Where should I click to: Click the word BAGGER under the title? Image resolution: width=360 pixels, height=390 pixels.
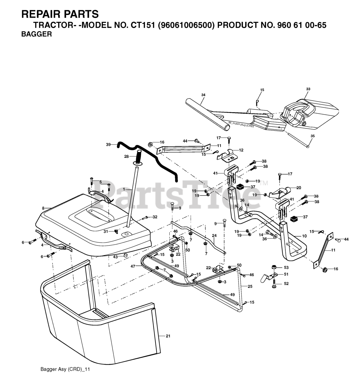point(36,34)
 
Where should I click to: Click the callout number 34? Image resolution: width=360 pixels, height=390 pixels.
point(203,95)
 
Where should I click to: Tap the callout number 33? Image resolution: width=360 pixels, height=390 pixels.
point(308,89)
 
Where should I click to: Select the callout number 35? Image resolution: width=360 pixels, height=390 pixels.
point(312,136)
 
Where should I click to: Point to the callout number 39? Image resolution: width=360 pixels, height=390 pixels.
point(108,145)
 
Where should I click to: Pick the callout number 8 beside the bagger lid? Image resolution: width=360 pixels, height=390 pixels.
point(43,208)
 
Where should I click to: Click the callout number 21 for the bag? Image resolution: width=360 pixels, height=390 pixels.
point(168,336)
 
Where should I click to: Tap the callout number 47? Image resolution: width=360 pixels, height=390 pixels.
point(133,266)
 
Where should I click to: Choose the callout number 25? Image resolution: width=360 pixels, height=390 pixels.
point(250,286)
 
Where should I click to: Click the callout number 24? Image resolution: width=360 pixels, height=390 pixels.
point(214,236)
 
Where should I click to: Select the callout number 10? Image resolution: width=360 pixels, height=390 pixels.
point(304,236)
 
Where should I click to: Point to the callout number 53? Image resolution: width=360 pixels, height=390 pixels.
point(286,267)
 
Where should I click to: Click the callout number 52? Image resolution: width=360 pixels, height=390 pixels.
point(286,283)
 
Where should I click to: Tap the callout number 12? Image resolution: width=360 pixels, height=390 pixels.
point(241,150)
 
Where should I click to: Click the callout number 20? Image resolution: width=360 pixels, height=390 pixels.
point(298,188)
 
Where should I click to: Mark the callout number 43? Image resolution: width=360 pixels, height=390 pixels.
point(115,257)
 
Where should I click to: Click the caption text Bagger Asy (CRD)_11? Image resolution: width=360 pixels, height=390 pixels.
point(65,369)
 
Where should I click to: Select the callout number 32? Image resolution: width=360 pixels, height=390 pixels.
point(155,217)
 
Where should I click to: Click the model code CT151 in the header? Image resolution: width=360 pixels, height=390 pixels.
point(143,25)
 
